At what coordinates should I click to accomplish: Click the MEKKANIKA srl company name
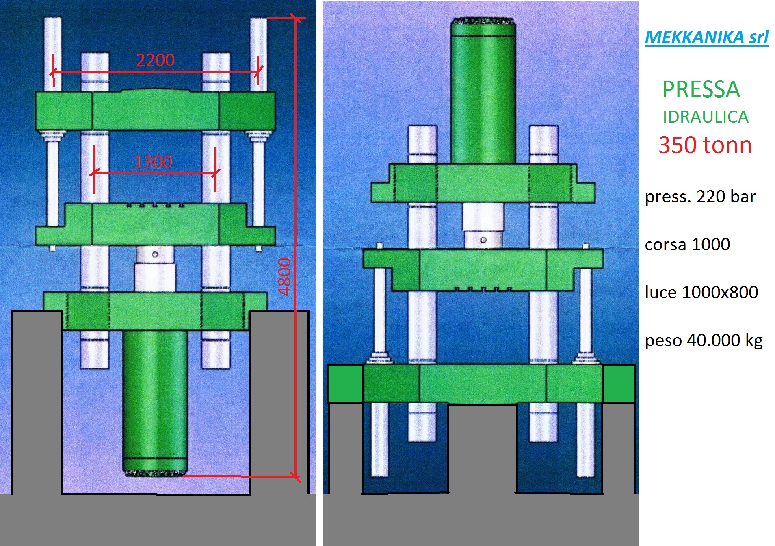(706, 37)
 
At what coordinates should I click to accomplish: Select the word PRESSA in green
(701, 90)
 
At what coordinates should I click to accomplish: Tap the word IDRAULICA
(705, 117)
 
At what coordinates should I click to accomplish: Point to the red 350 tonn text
(705, 145)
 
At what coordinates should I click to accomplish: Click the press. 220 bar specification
(700, 197)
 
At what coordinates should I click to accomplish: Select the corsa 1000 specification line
(687, 245)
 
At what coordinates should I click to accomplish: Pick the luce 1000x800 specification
(701, 292)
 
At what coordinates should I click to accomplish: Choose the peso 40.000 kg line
(704, 340)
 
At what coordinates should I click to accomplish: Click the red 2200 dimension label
(155, 60)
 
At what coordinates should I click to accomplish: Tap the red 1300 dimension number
(153, 162)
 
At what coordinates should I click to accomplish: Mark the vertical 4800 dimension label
(285, 277)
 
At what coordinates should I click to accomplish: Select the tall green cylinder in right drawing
(483, 93)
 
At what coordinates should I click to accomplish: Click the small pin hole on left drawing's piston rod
(155, 254)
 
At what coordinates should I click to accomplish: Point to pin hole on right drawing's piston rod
(483, 240)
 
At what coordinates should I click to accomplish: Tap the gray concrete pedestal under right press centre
(482, 447)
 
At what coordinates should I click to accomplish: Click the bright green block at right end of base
(619, 383)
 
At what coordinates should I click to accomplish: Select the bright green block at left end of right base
(345, 383)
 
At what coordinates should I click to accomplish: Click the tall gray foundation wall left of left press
(37, 402)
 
